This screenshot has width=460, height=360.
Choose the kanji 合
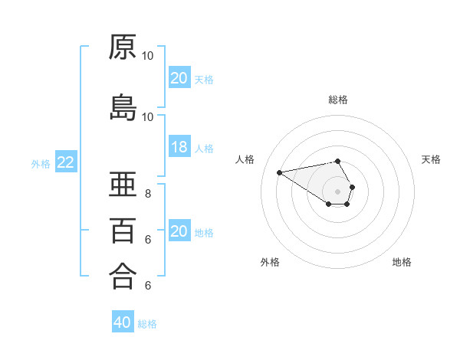[x=123, y=276]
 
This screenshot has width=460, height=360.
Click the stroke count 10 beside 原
[x=148, y=56]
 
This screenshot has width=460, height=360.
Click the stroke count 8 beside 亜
[x=148, y=193]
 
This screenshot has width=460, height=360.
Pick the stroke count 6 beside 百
[x=148, y=239]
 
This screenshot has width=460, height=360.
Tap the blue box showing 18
[x=179, y=148]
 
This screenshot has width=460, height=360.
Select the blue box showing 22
[x=66, y=162]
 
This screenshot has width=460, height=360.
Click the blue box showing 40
[x=123, y=323]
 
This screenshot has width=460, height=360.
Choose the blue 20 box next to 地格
[x=179, y=232]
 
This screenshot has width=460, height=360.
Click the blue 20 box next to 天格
[x=179, y=78]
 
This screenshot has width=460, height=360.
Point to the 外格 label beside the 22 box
[x=41, y=163]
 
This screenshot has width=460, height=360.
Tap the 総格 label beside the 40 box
[x=147, y=324]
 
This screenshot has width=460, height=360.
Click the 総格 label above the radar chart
[x=338, y=100]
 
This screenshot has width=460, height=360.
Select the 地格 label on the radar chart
[x=402, y=262]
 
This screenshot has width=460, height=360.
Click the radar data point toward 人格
[x=279, y=172]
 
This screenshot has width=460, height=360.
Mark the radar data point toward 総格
[x=337, y=161]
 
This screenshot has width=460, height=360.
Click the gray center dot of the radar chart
[x=338, y=191]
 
